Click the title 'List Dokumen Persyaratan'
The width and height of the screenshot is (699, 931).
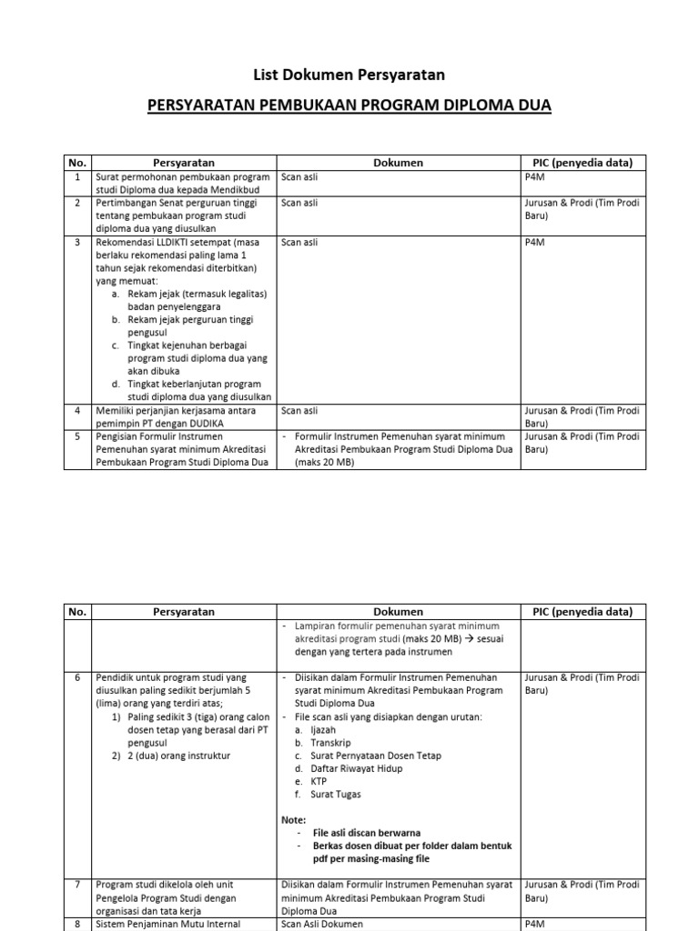coord(349,75)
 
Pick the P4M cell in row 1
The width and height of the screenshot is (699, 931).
coord(533,177)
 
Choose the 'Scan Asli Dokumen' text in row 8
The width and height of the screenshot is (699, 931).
coord(321,924)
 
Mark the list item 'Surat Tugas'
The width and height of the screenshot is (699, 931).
coord(335,794)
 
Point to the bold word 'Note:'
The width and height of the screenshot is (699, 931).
coord(294,819)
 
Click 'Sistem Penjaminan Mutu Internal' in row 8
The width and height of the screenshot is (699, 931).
coord(167,924)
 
